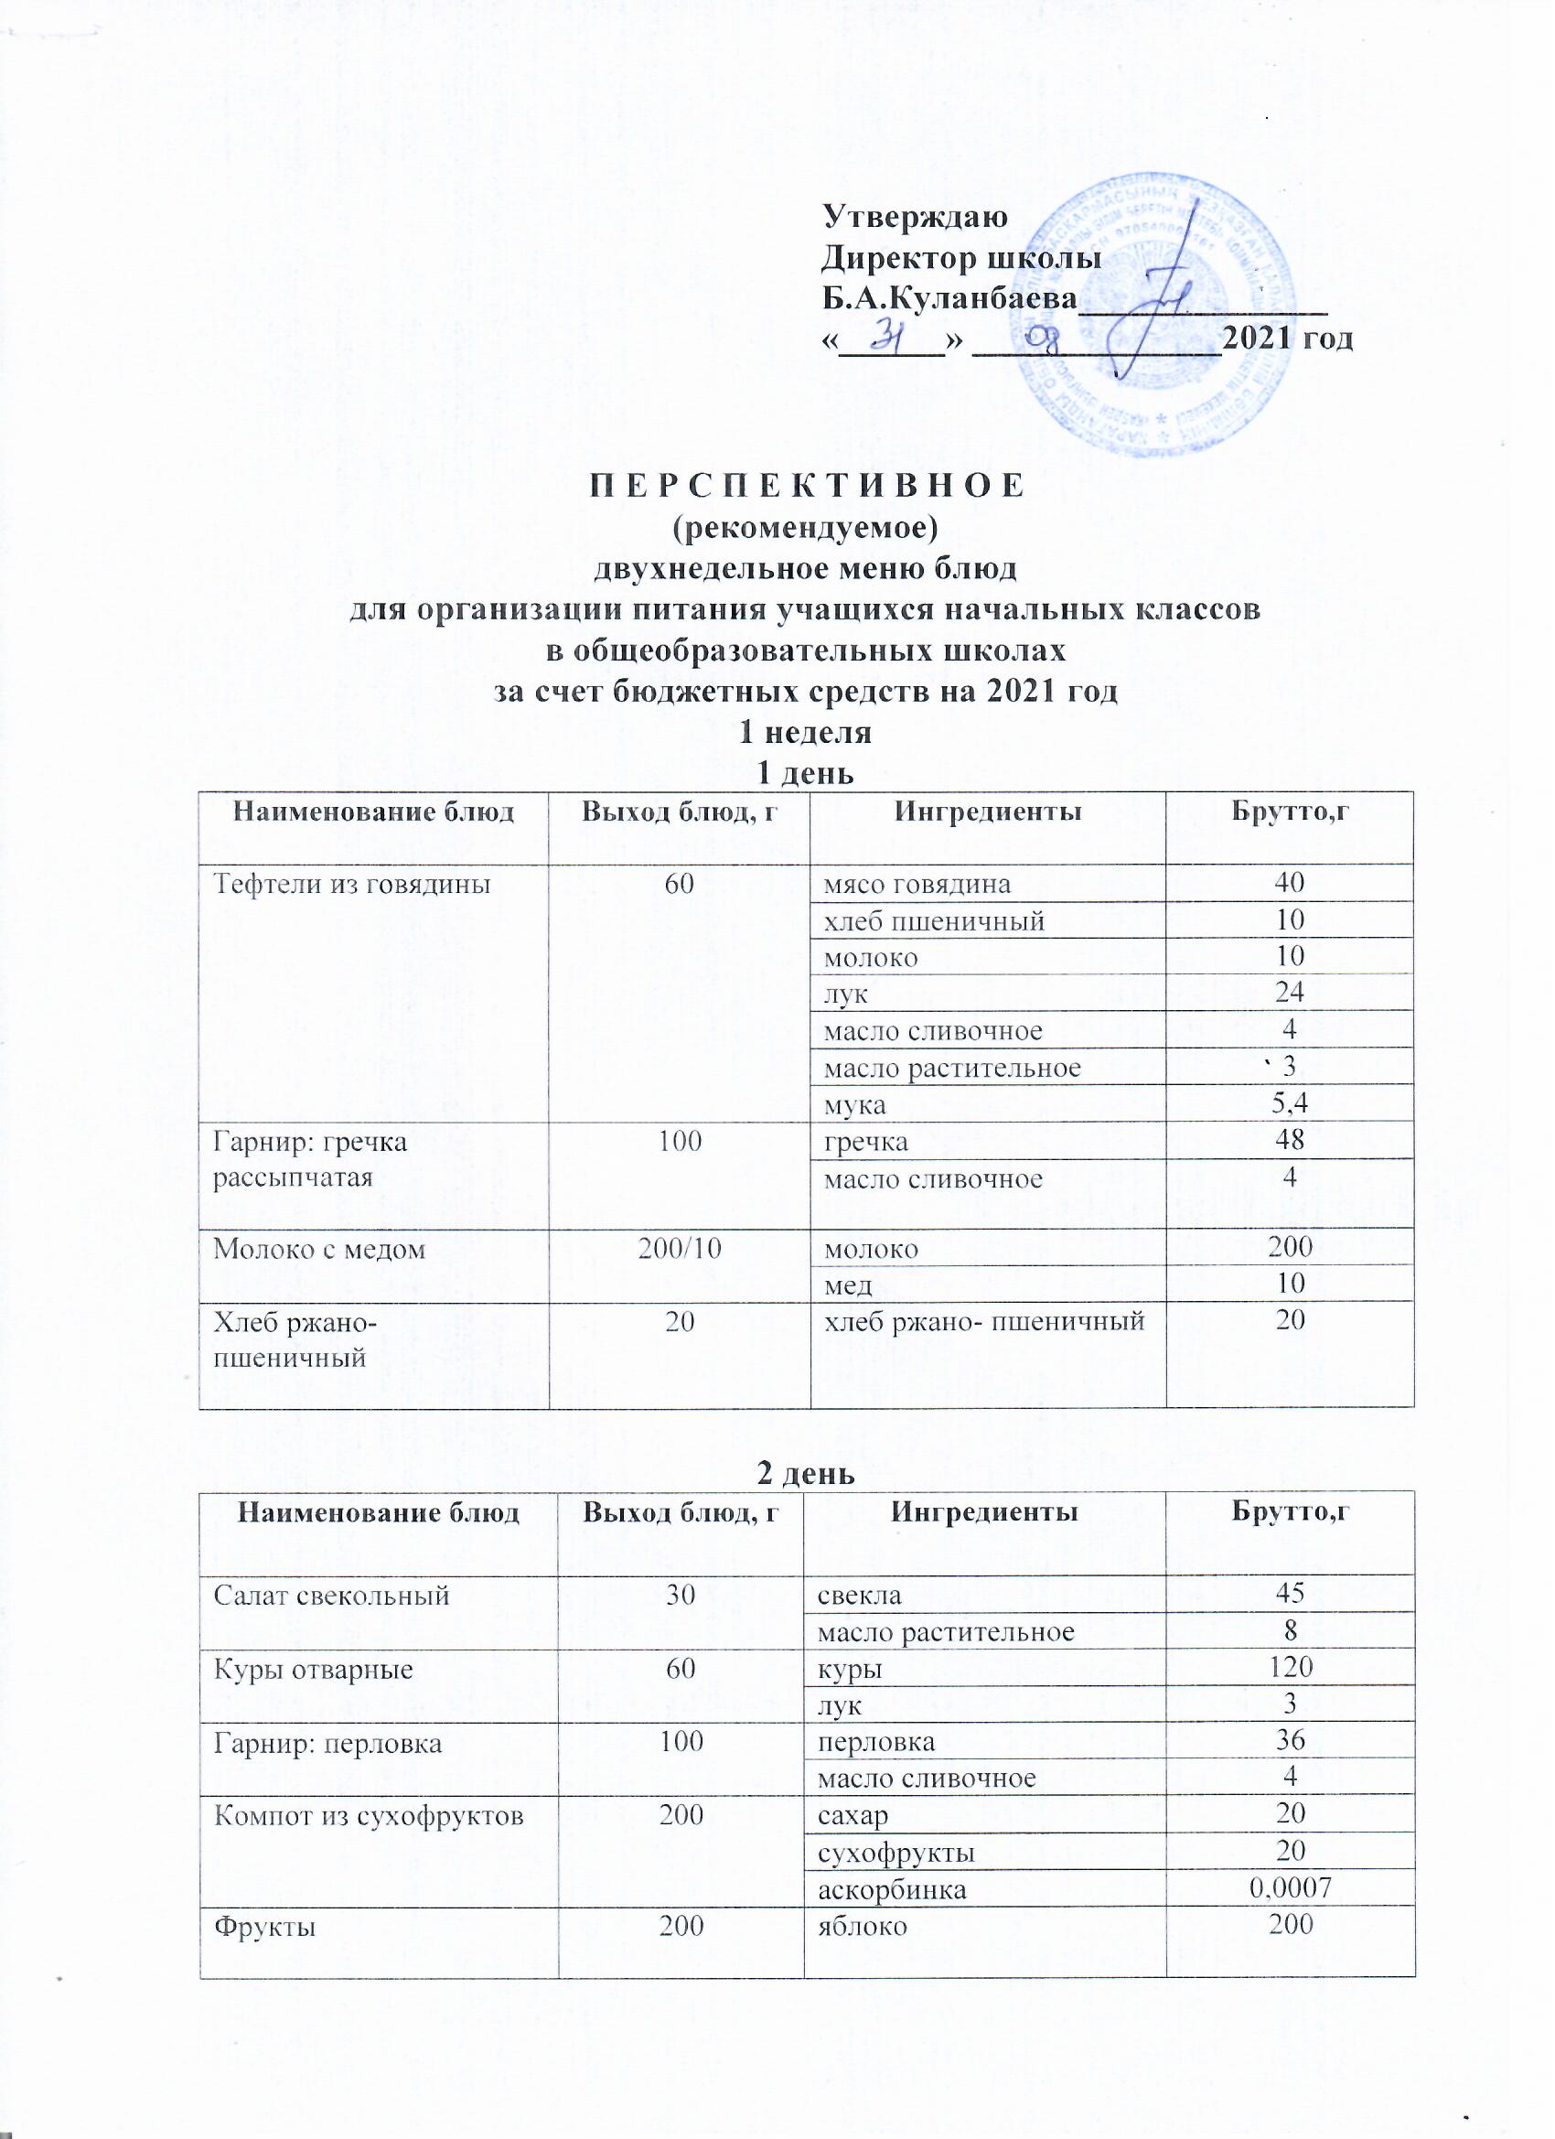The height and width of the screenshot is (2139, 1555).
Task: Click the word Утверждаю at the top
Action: pos(915,216)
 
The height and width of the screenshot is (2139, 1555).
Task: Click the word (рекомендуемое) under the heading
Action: pos(805,527)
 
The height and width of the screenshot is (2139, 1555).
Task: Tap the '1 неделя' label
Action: pos(805,733)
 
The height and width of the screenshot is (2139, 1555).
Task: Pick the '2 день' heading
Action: pos(806,1473)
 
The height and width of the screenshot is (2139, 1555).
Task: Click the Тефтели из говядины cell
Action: pos(352,884)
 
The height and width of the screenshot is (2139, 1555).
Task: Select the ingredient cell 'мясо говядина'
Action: pos(917,884)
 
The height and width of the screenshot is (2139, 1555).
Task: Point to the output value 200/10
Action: pos(679,1249)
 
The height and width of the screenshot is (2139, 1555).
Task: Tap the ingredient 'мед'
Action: pos(848,1284)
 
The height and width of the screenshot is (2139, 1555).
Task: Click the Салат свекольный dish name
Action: pos(332,1595)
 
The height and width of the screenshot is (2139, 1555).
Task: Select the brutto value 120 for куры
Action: pos(1291,1668)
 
